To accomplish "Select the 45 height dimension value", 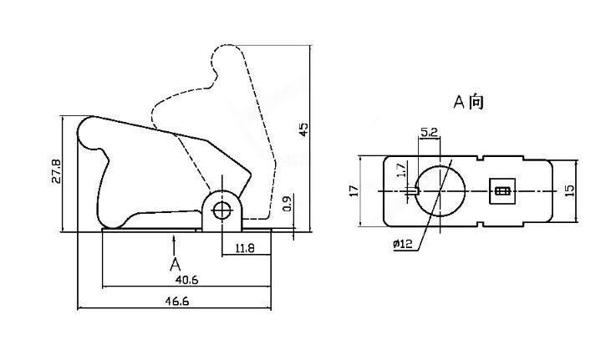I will coord(303,129).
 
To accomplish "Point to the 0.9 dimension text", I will coord(288,203).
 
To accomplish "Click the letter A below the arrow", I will coord(175,265).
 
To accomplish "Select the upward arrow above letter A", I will coord(174,244).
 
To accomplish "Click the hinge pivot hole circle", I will coord(221,210).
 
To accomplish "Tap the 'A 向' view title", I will coord(468,102).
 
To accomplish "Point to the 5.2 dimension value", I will coord(429,133).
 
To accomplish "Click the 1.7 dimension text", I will coord(401,170).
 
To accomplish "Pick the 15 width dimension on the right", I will coord(570,190).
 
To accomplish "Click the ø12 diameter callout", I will coord(402,245).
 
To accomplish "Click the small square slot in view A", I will coord(502,190).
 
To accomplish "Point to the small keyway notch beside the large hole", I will coord(415,190).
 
